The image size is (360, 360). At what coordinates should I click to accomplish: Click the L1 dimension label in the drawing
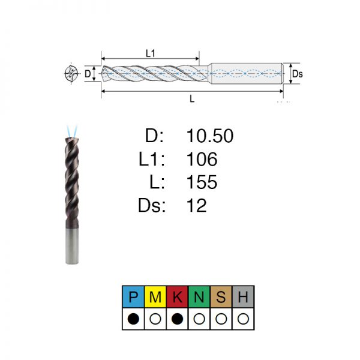pyautogui.click(x=151, y=53)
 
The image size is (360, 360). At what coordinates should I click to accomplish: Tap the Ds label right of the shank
pyautogui.click(x=298, y=74)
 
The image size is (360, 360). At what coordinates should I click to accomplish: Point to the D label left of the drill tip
pyautogui.click(x=88, y=74)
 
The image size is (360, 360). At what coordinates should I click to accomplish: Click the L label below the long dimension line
pyautogui.click(x=192, y=99)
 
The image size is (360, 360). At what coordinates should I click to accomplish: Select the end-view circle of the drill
pyautogui.click(x=71, y=73)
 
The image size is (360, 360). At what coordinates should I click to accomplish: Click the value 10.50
pyautogui.click(x=210, y=136)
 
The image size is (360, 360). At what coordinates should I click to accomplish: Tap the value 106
pyautogui.click(x=202, y=159)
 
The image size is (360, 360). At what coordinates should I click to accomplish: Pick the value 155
pyautogui.click(x=202, y=182)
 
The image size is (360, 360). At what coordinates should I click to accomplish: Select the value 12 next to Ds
pyautogui.click(x=197, y=205)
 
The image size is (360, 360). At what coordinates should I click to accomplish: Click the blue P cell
pyautogui.click(x=133, y=296)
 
